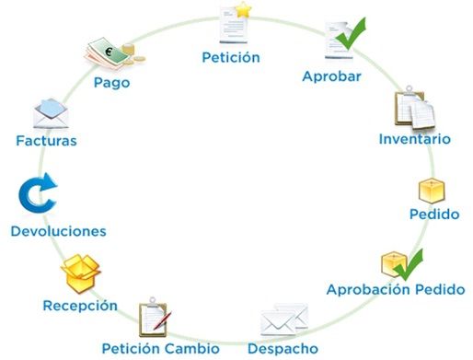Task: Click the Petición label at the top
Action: [231, 57]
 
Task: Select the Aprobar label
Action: [330, 76]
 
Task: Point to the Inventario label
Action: [414, 140]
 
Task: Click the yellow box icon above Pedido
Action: [432, 191]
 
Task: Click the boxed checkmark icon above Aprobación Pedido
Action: [400, 263]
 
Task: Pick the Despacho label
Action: [283, 348]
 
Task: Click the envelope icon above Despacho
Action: [283, 321]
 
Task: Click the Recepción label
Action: [80, 305]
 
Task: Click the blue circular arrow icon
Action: [38, 195]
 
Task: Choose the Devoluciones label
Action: [58, 231]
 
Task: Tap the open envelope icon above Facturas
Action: [52, 113]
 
